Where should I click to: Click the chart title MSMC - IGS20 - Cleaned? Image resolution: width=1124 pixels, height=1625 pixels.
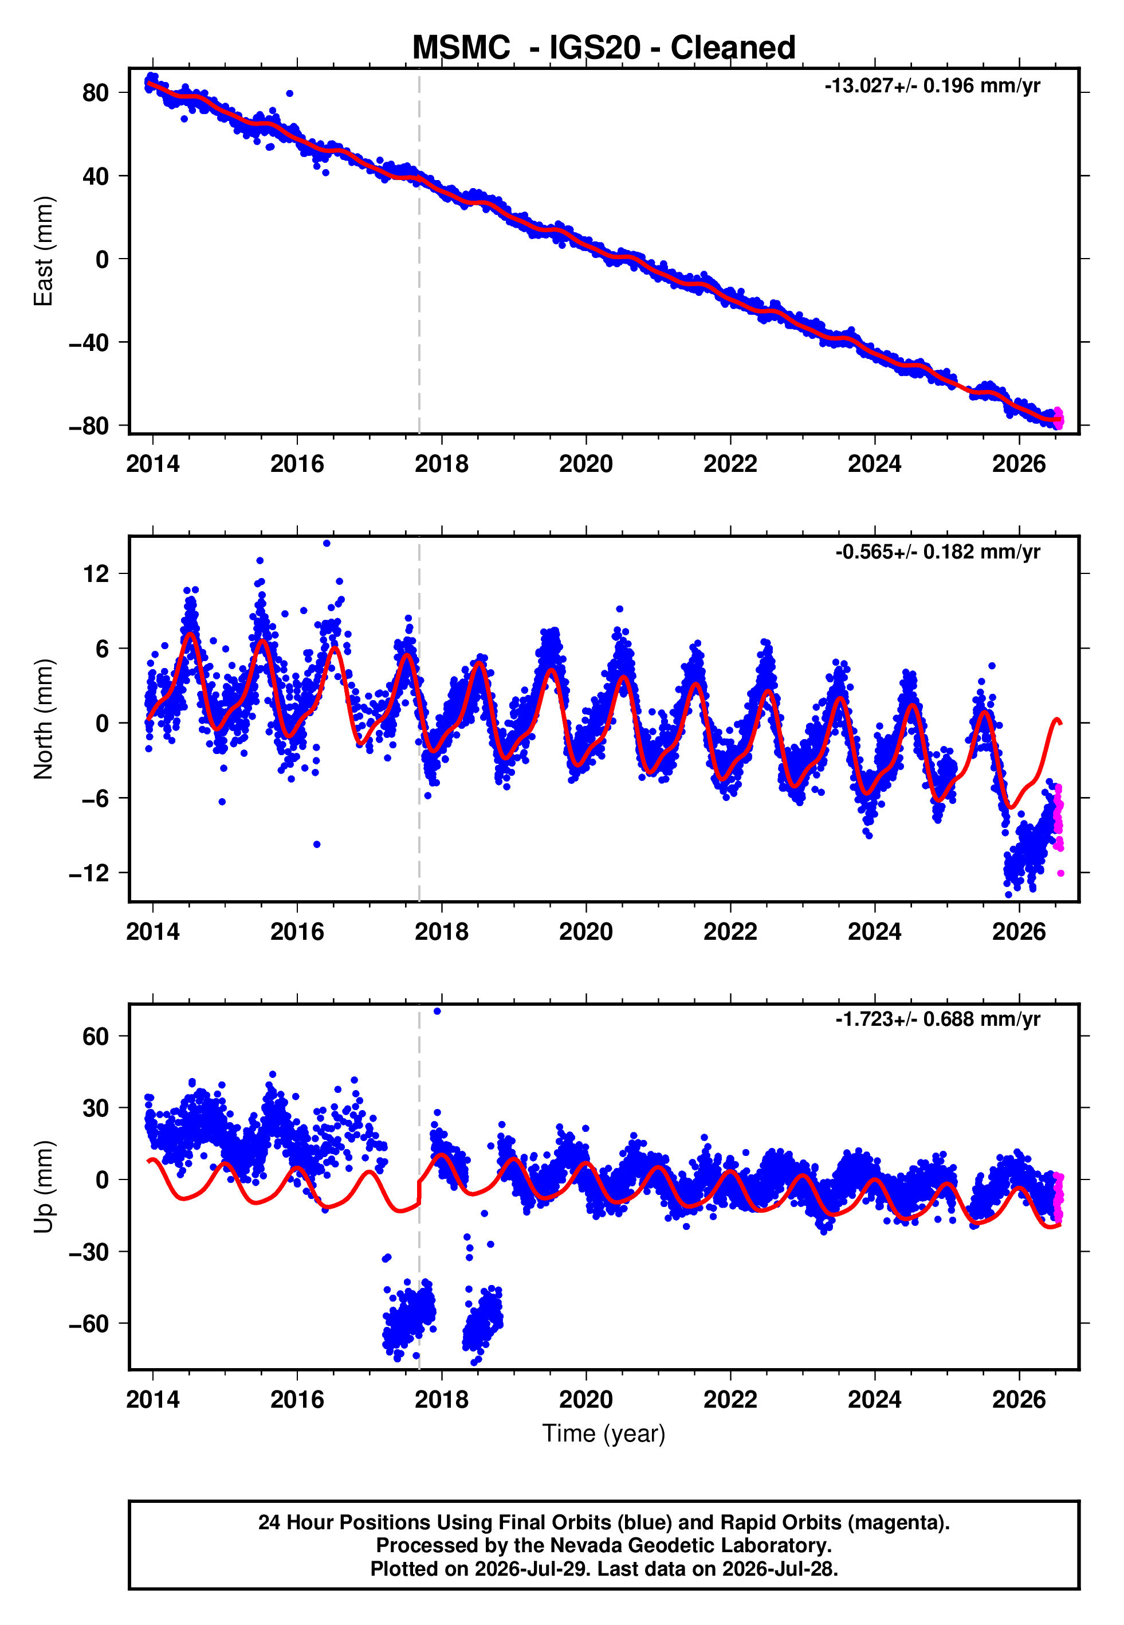pos(604,48)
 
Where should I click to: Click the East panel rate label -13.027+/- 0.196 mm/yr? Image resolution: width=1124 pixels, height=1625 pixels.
pos(933,86)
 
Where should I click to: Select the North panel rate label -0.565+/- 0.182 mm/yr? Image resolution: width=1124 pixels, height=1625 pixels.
pos(938,552)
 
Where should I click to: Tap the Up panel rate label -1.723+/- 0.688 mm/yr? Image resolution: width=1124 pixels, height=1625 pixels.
pos(938,1019)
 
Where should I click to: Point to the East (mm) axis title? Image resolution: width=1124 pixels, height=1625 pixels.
pos(44,251)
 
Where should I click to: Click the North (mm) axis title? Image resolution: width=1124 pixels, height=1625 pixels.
pos(44,719)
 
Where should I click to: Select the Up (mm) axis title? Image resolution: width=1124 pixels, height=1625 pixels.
pos(44,1187)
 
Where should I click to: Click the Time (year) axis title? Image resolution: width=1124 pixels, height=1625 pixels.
pos(604,1434)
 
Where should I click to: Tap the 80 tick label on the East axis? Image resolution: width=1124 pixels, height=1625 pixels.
pos(96,92)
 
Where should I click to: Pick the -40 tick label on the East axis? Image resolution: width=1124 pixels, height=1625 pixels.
pos(89,342)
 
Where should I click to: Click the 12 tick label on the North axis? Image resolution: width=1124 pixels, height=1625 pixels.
pos(96,573)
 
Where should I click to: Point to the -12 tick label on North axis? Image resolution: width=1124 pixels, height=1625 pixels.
pos(89,873)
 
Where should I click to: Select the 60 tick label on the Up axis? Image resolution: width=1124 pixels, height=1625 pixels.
pos(96,1037)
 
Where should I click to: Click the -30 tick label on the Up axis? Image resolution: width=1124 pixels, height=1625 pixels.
pos(89,1252)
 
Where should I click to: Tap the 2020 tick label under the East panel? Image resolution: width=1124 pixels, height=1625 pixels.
pos(586,464)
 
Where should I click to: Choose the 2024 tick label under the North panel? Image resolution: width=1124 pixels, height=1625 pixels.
pos(875,932)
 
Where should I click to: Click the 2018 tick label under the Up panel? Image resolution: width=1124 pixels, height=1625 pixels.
pos(442,1400)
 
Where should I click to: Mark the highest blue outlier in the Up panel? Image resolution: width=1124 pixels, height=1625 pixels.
pos(437,1011)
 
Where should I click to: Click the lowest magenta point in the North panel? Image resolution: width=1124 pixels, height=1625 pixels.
pos(1060,874)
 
